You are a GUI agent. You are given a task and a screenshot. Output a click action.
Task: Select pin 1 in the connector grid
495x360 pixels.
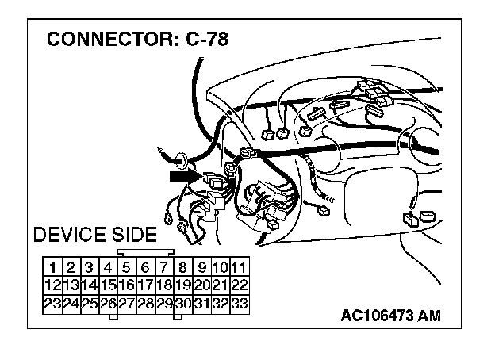52,266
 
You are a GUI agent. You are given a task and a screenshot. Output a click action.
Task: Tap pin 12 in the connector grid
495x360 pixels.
52,284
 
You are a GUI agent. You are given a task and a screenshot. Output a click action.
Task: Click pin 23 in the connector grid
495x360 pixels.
52,302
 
